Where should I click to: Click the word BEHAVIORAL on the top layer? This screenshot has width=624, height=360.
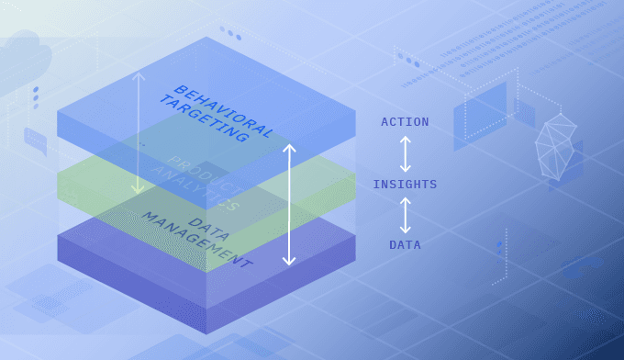tap(224, 110)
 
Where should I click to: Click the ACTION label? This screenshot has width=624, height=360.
tap(405, 122)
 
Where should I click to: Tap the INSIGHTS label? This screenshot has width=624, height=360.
tap(405, 185)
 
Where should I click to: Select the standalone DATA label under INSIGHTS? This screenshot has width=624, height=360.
tap(405, 245)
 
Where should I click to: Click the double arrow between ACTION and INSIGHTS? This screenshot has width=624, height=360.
tap(405, 153)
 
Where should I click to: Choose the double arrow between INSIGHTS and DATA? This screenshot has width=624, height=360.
tap(405, 215)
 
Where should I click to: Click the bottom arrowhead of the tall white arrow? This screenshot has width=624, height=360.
tap(289, 261)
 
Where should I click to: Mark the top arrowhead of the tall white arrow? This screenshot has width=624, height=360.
tap(289, 147)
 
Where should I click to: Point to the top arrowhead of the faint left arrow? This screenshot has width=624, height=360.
tap(138, 75)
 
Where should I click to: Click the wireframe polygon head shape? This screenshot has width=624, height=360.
tap(556, 147)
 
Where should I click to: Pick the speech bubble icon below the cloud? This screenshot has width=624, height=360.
tap(36, 141)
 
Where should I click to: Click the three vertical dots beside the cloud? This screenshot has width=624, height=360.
tap(36, 97)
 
